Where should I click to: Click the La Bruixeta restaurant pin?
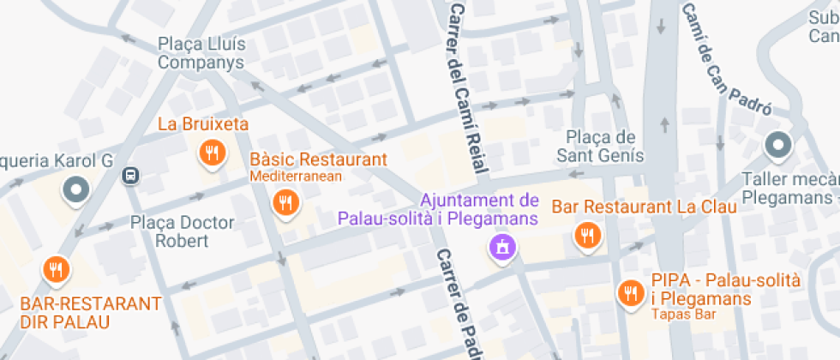pyautogui.click(x=211, y=154)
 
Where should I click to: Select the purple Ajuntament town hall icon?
pyautogui.click(x=501, y=249)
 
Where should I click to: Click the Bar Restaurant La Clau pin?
pyautogui.click(x=587, y=235)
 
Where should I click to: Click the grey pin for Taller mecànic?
pyautogui.click(x=778, y=146)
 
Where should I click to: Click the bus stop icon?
pyautogui.click(x=130, y=176)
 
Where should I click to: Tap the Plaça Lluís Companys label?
pyautogui.click(x=201, y=53)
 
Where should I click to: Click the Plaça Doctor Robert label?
pyautogui.click(x=182, y=231)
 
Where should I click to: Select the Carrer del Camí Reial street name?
pyautogui.click(x=468, y=86)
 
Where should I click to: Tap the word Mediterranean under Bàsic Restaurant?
pyautogui.click(x=296, y=177)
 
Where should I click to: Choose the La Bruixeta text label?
pyautogui.click(x=203, y=124)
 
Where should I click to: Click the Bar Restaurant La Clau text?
pyautogui.click(x=644, y=207)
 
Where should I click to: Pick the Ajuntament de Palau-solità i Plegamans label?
pyautogui.click(x=437, y=209)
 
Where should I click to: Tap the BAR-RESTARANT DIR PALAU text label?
pyautogui.click(x=91, y=313)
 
